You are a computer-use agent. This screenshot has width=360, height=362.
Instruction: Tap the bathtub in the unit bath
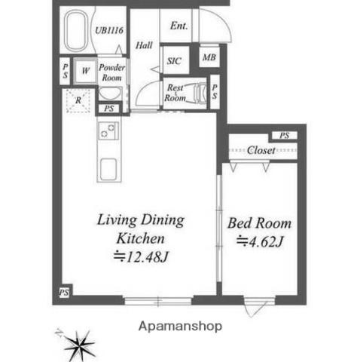[x=78, y=32]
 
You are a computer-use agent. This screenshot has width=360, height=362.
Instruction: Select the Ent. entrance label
[x=179, y=26]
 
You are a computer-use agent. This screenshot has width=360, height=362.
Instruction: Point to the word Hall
[x=144, y=44]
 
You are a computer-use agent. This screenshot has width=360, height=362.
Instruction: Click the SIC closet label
[x=174, y=61]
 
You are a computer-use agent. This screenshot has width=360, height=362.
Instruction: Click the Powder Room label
[x=112, y=72]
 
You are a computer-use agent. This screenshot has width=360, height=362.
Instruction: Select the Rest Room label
[x=176, y=92]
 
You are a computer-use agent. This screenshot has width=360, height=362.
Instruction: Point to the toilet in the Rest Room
[x=199, y=92]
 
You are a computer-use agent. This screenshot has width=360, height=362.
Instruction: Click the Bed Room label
[x=260, y=225]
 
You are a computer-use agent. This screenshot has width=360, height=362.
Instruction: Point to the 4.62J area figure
[x=260, y=242]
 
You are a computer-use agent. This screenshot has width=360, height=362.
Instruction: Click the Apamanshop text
[x=180, y=327]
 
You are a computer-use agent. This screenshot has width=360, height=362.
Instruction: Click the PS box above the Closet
[x=284, y=136]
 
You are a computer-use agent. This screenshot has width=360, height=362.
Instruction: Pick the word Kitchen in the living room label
[x=139, y=238]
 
